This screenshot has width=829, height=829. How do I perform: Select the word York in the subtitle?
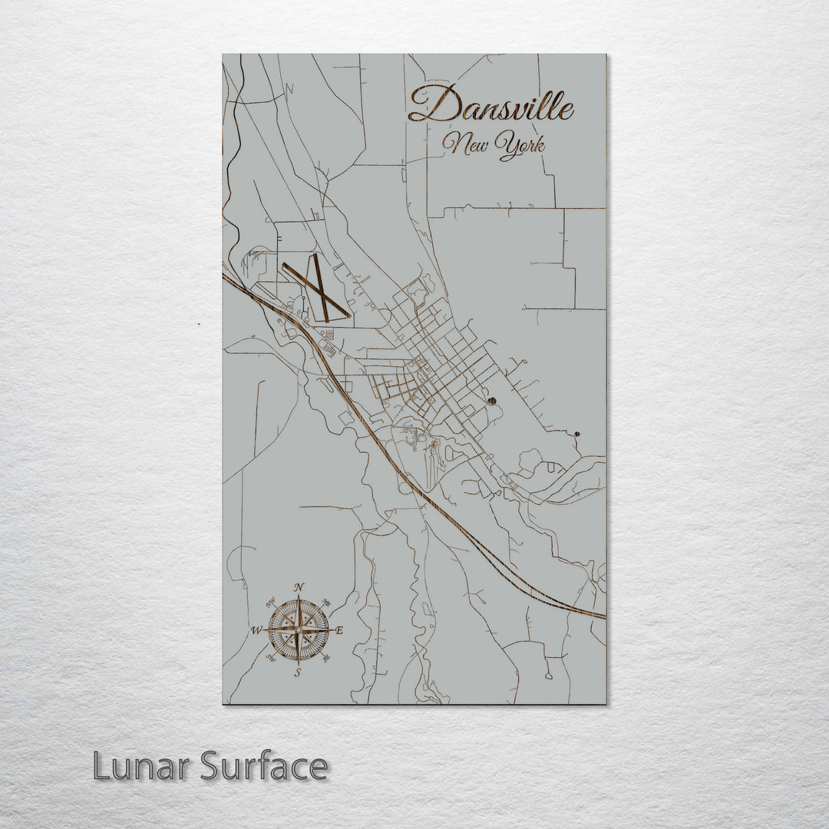tap(520, 145)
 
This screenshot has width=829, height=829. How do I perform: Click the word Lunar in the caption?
tap(143, 766)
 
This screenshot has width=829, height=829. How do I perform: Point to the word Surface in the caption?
tap(264, 766)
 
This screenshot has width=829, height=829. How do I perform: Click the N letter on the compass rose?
tap(299, 587)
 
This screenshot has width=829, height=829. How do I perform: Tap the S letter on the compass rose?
tap(299, 672)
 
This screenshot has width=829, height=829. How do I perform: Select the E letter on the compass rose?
tap(340, 631)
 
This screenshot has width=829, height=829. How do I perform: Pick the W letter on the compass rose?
tap(256, 631)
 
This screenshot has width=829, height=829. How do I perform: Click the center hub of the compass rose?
tap(299, 630)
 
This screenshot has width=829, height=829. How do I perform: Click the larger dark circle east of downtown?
tap(491, 401)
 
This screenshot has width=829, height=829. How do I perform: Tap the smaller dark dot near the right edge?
tap(576, 434)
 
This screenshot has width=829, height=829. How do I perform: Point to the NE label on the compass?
tap(325, 603)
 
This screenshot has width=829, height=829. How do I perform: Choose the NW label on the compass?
tap(272, 603)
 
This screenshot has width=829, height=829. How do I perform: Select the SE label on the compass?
tap(326, 658)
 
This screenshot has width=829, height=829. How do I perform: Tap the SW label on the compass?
tap(271, 658)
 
